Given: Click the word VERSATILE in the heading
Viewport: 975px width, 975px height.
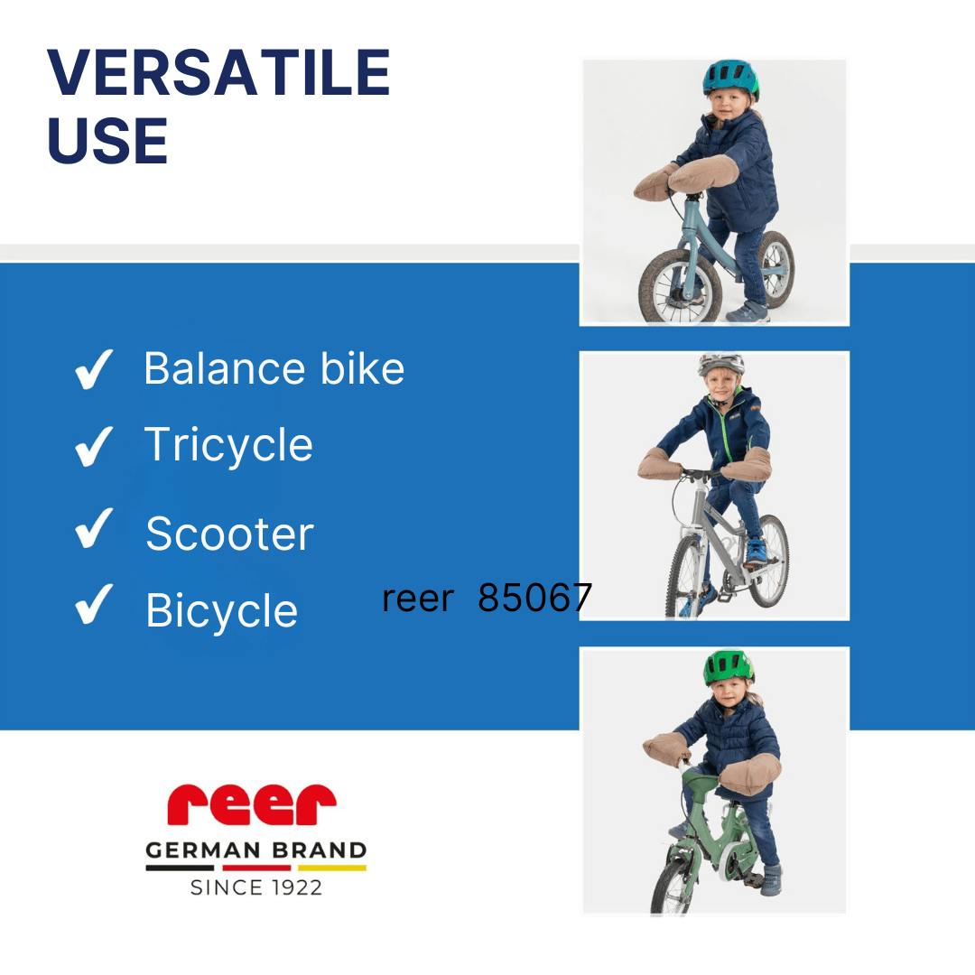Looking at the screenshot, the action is (218, 72).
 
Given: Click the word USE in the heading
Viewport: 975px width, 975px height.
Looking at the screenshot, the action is (107, 141).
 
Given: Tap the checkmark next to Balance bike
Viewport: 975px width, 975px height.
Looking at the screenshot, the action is (94, 369).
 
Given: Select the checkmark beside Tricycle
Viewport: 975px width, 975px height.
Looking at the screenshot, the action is (94, 447).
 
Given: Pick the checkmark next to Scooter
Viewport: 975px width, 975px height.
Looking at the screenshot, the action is (94, 528).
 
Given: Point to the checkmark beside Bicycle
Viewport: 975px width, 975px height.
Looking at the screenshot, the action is (94, 604).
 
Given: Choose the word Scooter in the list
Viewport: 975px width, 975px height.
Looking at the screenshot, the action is (230, 534).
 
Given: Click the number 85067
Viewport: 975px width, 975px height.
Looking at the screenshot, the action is (534, 598).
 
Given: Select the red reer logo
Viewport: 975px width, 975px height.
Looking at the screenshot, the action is (251, 804).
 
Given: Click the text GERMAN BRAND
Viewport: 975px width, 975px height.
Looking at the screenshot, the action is (255, 850).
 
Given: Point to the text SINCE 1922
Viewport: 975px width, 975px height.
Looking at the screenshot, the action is (256, 887).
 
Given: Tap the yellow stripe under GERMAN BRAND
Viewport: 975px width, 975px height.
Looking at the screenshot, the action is (332, 868).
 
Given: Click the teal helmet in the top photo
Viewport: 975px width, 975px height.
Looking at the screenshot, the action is (730, 79).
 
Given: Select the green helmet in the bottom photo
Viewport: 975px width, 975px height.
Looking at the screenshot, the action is (729, 668).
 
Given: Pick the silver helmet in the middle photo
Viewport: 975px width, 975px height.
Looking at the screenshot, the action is (720, 365).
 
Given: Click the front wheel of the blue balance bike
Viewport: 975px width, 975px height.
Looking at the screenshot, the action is (680, 287).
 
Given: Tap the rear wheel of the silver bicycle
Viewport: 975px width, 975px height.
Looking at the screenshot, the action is (768, 560).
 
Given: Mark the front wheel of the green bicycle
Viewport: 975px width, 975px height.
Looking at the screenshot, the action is (672, 887).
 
